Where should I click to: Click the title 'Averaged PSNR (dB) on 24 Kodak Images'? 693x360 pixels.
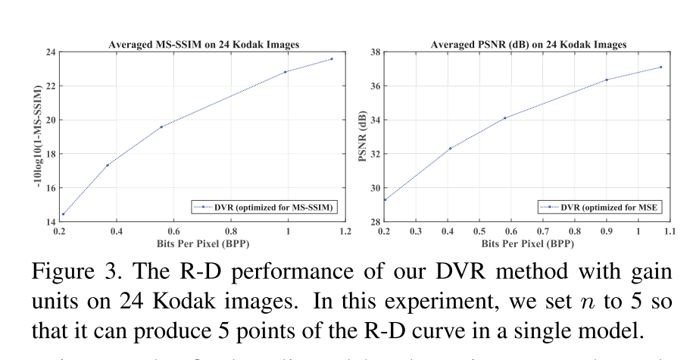tap(528, 45)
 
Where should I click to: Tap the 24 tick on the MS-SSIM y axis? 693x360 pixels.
tap(50, 52)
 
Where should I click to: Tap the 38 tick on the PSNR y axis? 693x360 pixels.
tap(374, 52)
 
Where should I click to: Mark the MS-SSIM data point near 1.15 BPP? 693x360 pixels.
tap(331, 59)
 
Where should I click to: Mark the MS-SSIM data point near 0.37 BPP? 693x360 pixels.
tap(108, 164)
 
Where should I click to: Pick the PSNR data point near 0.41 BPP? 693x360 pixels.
tap(450, 148)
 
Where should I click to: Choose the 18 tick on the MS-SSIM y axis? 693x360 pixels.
tap(50, 154)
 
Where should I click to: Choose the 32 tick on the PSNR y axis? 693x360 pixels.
tap(374, 154)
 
